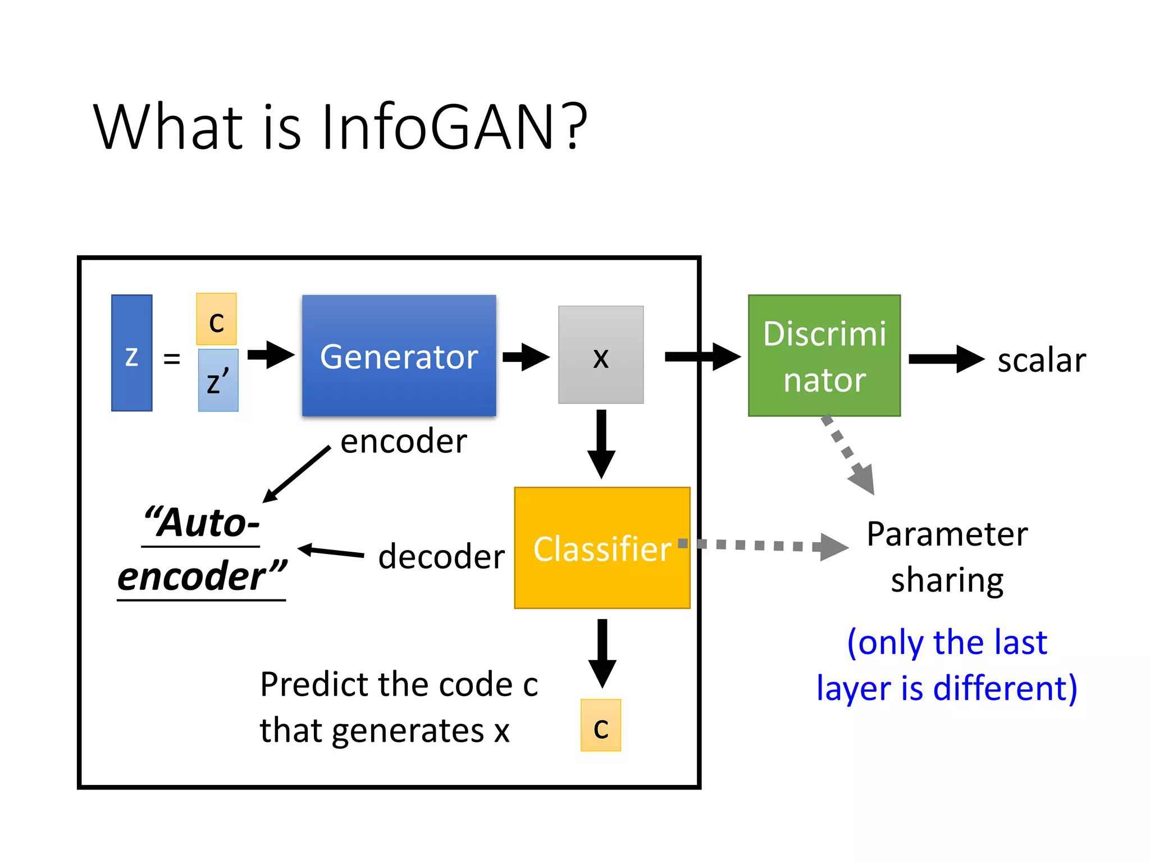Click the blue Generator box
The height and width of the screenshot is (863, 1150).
tap(399, 356)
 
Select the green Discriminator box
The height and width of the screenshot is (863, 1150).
tap(824, 356)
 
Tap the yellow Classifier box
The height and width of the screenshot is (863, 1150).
tap(602, 548)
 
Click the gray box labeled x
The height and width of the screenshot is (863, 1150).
tap(601, 355)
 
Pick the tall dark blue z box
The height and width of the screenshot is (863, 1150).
tap(131, 353)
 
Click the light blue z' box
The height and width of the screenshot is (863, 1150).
tap(218, 380)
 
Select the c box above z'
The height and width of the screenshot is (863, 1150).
tap(216, 319)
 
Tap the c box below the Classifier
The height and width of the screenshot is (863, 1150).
tap(601, 725)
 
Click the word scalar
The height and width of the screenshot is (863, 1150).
tap(1042, 360)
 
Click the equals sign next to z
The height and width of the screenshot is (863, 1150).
tap(172, 358)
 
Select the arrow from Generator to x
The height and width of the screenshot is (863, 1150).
tap(526, 357)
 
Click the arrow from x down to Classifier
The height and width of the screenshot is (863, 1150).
tap(601, 444)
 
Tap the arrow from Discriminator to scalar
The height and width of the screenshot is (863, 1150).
tap(946, 359)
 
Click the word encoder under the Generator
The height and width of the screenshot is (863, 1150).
tap(404, 441)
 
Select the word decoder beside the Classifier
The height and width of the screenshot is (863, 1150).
tap(441, 557)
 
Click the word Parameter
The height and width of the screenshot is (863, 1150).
tap(947, 534)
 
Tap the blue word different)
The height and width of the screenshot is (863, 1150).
tap(1005, 688)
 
